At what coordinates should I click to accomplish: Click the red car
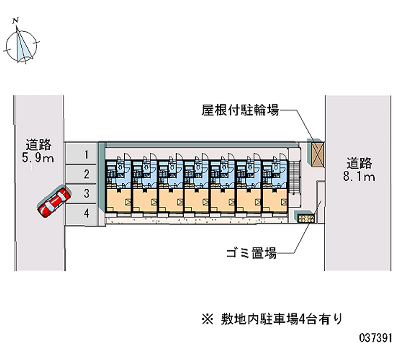tap(54, 202)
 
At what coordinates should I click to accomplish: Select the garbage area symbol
tap(305, 218)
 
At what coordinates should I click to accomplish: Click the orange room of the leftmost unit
tap(118, 201)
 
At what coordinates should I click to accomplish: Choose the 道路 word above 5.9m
tap(39, 146)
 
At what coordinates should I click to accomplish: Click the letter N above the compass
tap(16, 20)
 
